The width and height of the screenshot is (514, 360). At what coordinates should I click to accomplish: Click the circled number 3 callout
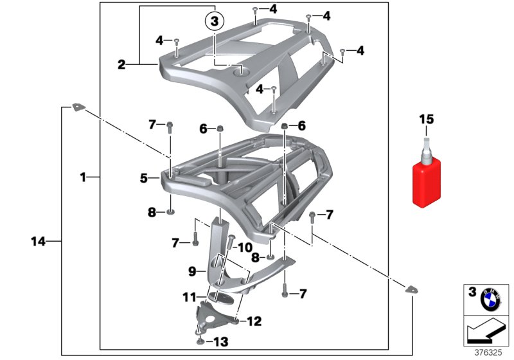[x=214, y=22]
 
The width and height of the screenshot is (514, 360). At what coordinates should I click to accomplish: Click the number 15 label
[x=427, y=119]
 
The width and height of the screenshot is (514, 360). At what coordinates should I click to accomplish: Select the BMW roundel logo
[x=490, y=300]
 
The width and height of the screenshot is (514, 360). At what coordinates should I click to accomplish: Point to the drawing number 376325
[x=488, y=352]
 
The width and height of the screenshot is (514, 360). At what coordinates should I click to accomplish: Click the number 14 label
[x=38, y=242]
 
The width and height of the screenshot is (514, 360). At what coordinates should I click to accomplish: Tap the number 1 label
[x=83, y=177]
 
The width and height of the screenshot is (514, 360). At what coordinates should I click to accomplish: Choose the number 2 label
[x=121, y=64]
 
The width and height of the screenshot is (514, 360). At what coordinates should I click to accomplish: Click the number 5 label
[x=143, y=178]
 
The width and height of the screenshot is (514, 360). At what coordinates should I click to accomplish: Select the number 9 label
[x=192, y=271]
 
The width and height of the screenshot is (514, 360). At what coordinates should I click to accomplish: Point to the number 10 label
[x=245, y=248]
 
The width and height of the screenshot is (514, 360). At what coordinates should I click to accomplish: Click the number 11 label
[x=189, y=298]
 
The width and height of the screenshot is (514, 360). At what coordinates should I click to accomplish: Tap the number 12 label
[x=254, y=321]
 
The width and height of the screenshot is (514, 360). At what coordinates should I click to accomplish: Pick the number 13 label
[x=221, y=342]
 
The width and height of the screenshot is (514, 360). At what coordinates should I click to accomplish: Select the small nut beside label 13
[x=200, y=342]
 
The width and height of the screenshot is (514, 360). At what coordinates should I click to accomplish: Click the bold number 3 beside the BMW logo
[x=472, y=292]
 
